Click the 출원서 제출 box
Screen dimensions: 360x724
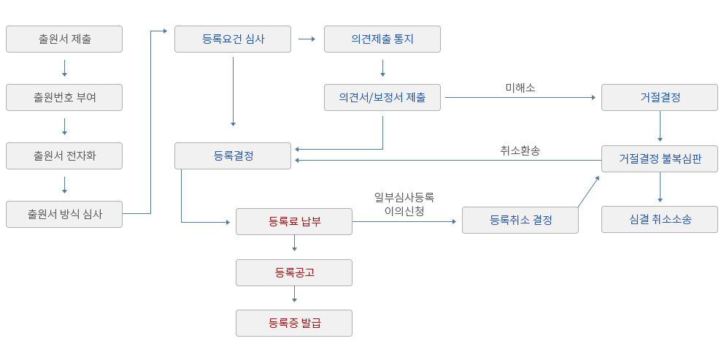[64, 39]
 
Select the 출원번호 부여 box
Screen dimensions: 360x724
[64, 97]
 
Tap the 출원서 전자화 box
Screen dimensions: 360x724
[64, 156]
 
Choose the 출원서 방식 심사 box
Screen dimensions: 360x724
[64, 214]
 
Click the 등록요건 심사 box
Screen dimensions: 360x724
[233, 39]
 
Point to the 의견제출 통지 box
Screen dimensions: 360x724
[382, 39]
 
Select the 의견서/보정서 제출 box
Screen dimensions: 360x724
[382, 97]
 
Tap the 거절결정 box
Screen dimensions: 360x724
[660, 97]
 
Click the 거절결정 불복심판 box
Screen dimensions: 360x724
[660, 159]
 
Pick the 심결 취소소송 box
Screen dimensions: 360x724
[660, 219]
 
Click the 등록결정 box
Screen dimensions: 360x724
[233, 156]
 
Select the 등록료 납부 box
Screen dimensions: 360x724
[294, 221]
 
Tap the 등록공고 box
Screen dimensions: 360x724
[294, 272]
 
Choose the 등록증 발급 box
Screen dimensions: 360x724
[294, 323]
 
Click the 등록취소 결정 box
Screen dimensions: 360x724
[520, 220]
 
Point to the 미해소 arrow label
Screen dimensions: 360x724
[520, 88]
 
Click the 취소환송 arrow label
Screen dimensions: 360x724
[520, 150]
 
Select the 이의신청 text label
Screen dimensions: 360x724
[404, 211]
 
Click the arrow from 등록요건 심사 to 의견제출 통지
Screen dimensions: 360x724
[307, 39]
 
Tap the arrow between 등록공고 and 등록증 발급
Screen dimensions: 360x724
[294, 294]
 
